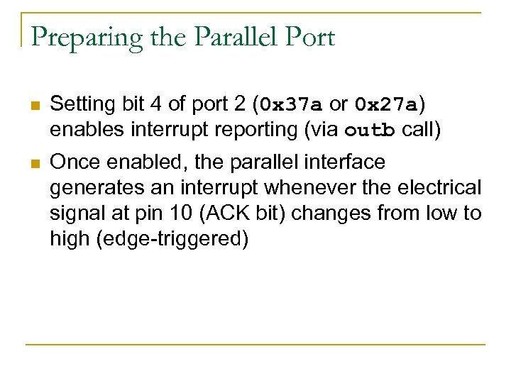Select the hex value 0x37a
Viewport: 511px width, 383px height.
coord(291,105)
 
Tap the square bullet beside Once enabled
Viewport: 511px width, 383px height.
coord(33,164)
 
